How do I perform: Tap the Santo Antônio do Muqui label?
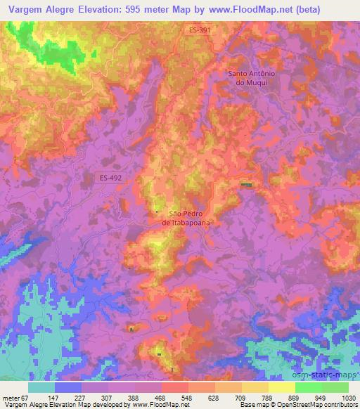pos(255,77)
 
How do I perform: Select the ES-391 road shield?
pos(200,30)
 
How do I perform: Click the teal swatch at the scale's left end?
pos(41,387)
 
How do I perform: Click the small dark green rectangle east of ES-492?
pos(245,185)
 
